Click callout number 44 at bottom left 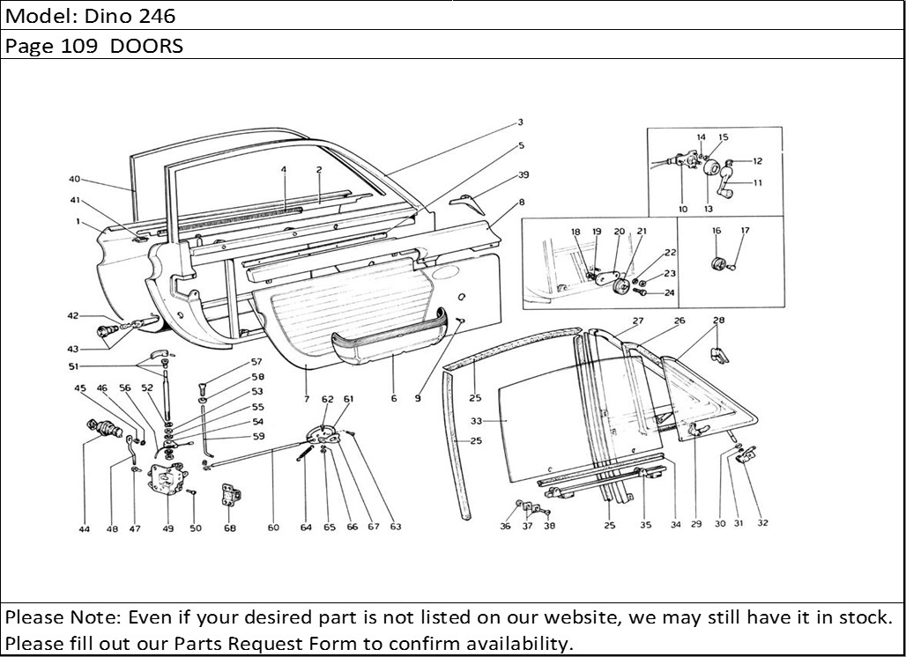(x=84, y=528)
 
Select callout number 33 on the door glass (x=476, y=421)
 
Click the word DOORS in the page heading (x=147, y=46)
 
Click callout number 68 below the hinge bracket (x=230, y=528)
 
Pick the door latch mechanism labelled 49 (x=167, y=479)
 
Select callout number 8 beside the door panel (x=521, y=202)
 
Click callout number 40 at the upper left (x=74, y=179)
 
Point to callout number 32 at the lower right (x=762, y=522)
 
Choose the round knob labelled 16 (x=716, y=262)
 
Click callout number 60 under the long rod (x=273, y=528)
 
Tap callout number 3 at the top (x=520, y=122)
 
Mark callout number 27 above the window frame (x=638, y=321)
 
